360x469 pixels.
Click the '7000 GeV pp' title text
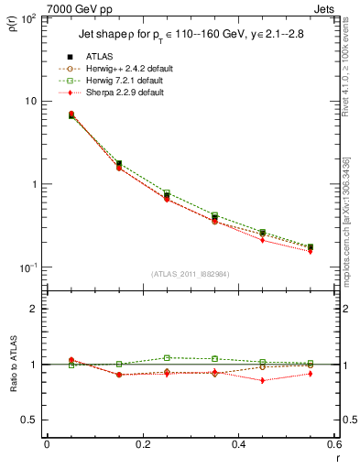tap(74, 8)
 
